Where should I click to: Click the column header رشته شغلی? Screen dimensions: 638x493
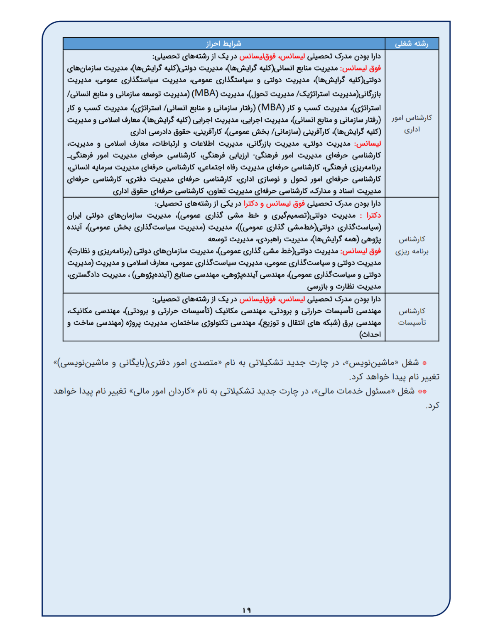point(411,44)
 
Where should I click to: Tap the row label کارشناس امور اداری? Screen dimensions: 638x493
point(412,124)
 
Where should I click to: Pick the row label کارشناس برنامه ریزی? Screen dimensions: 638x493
point(412,245)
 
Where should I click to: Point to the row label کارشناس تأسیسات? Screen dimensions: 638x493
point(412,317)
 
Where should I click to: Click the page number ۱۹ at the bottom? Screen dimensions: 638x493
point(246,610)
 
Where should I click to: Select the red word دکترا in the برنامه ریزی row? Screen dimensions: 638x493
point(373,215)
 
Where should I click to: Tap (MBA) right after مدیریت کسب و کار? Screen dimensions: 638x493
point(271,108)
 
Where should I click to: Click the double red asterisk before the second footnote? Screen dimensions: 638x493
point(422,392)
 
